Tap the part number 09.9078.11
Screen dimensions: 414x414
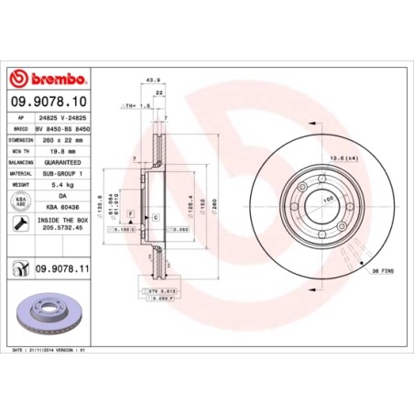coord(60,269)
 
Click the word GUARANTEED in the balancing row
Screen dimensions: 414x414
coord(60,162)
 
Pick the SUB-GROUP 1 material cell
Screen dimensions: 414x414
coord(60,173)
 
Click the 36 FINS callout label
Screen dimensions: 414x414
coord(384,272)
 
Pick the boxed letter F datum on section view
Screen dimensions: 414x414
coord(132,213)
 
